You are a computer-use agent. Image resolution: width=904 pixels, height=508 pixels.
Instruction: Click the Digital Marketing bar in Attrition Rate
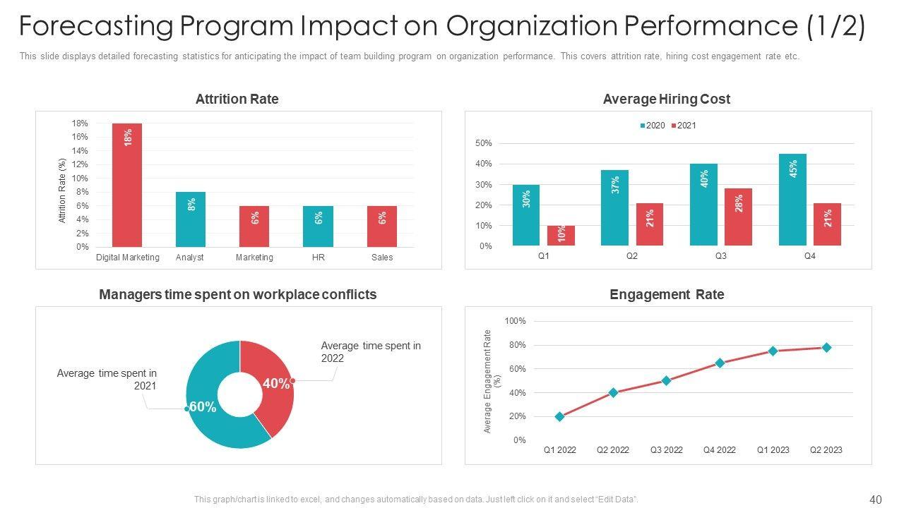pyautogui.click(x=127, y=185)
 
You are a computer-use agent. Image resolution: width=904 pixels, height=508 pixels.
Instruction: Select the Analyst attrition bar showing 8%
pyautogui.click(x=191, y=219)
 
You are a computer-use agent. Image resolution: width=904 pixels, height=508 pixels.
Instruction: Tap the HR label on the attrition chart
pyautogui.click(x=319, y=258)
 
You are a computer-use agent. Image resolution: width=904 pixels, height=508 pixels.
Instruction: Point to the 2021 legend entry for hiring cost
pyautogui.click(x=683, y=126)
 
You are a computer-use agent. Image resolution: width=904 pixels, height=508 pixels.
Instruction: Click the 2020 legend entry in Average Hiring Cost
pyautogui.click(x=653, y=126)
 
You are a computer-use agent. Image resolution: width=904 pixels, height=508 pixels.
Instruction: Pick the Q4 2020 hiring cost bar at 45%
pyautogui.click(x=792, y=200)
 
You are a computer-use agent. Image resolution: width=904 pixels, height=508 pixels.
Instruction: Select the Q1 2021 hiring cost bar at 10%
pyautogui.click(x=561, y=236)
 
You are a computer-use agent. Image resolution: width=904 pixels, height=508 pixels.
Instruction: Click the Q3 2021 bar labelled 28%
pyautogui.click(x=738, y=217)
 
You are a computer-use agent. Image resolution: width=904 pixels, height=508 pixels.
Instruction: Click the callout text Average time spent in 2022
pyautogui.click(x=371, y=351)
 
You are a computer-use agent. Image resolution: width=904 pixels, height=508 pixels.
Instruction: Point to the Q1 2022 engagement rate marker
pyautogui.click(x=560, y=417)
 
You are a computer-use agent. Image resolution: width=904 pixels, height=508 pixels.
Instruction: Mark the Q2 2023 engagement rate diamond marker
pyautogui.click(x=826, y=348)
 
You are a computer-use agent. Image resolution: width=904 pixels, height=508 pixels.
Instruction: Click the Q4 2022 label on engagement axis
pyautogui.click(x=720, y=450)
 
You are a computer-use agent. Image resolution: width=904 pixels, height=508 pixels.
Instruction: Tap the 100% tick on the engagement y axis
pyautogui.click(x=515, y=321)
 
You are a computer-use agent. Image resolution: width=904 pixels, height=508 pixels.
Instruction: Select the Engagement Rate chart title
pyautogui.click(x=667, y=294)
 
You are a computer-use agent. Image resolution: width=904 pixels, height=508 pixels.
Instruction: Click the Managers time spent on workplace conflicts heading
pyautogui.click(x=238, y=294)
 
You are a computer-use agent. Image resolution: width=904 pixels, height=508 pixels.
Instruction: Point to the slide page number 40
pyautogui.click(x=876, y=500)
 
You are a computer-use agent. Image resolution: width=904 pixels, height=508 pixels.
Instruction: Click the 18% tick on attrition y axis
pyautogui.click(x=80, y=123)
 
